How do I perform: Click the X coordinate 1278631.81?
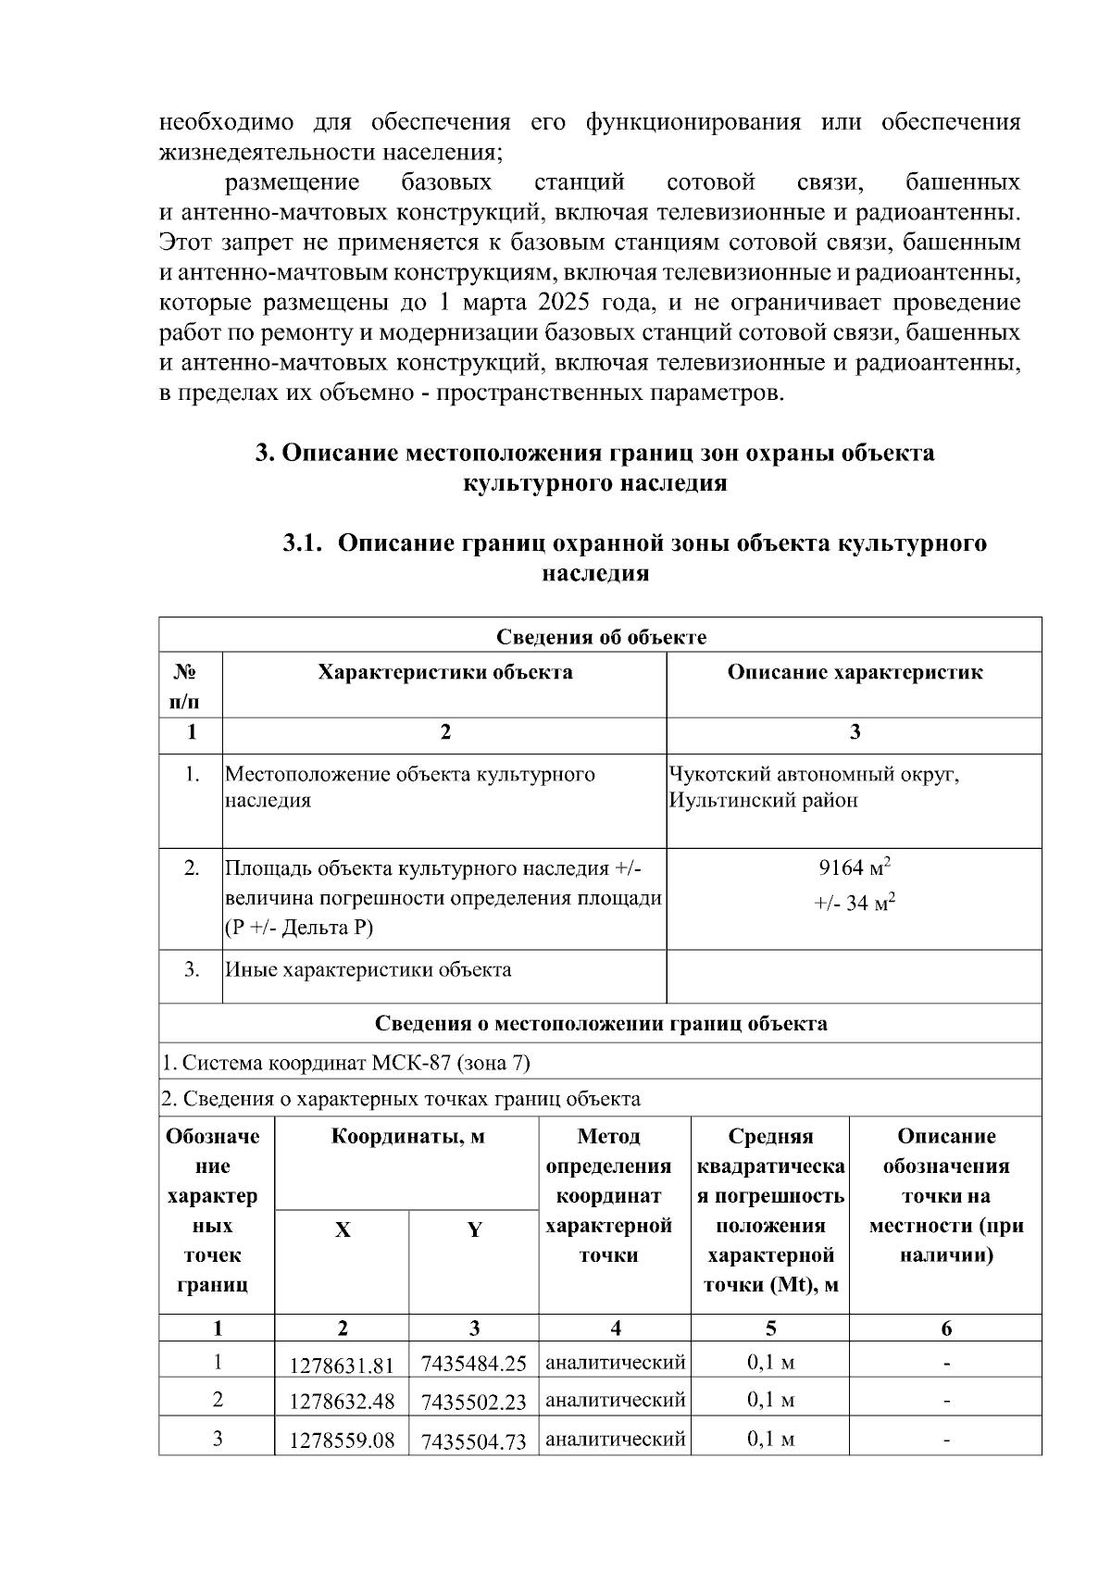342,1365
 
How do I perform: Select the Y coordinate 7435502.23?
473,1402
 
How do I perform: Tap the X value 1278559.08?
342,1441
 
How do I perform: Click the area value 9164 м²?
854,868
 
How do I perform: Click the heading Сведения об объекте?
601,636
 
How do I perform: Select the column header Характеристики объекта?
444,672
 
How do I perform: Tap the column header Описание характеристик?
854,672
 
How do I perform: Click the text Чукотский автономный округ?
814,774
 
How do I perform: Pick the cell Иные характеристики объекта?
368,969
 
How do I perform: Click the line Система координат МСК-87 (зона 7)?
345,1062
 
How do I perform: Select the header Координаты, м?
407,1136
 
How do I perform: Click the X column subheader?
342,1230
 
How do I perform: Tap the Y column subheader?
474,1230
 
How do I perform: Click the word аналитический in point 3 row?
615,1439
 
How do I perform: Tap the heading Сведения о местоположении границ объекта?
601,1023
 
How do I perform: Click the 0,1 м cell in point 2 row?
770,1400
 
